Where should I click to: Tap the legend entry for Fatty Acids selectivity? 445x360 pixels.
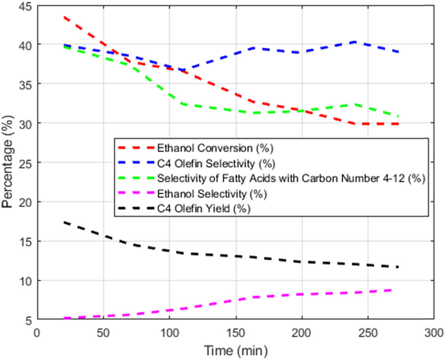[x=291, y=179]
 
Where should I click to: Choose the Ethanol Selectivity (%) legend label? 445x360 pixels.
[x=212, y=194]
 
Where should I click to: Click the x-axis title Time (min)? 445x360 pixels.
[x=236, y=351]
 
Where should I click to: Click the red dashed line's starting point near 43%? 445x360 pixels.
[x=64, y=17]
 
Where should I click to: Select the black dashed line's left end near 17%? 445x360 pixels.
[x=64, y=222]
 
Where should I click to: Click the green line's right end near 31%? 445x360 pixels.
[x=398, y=116]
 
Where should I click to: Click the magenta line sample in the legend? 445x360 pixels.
[x=136, y=194]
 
